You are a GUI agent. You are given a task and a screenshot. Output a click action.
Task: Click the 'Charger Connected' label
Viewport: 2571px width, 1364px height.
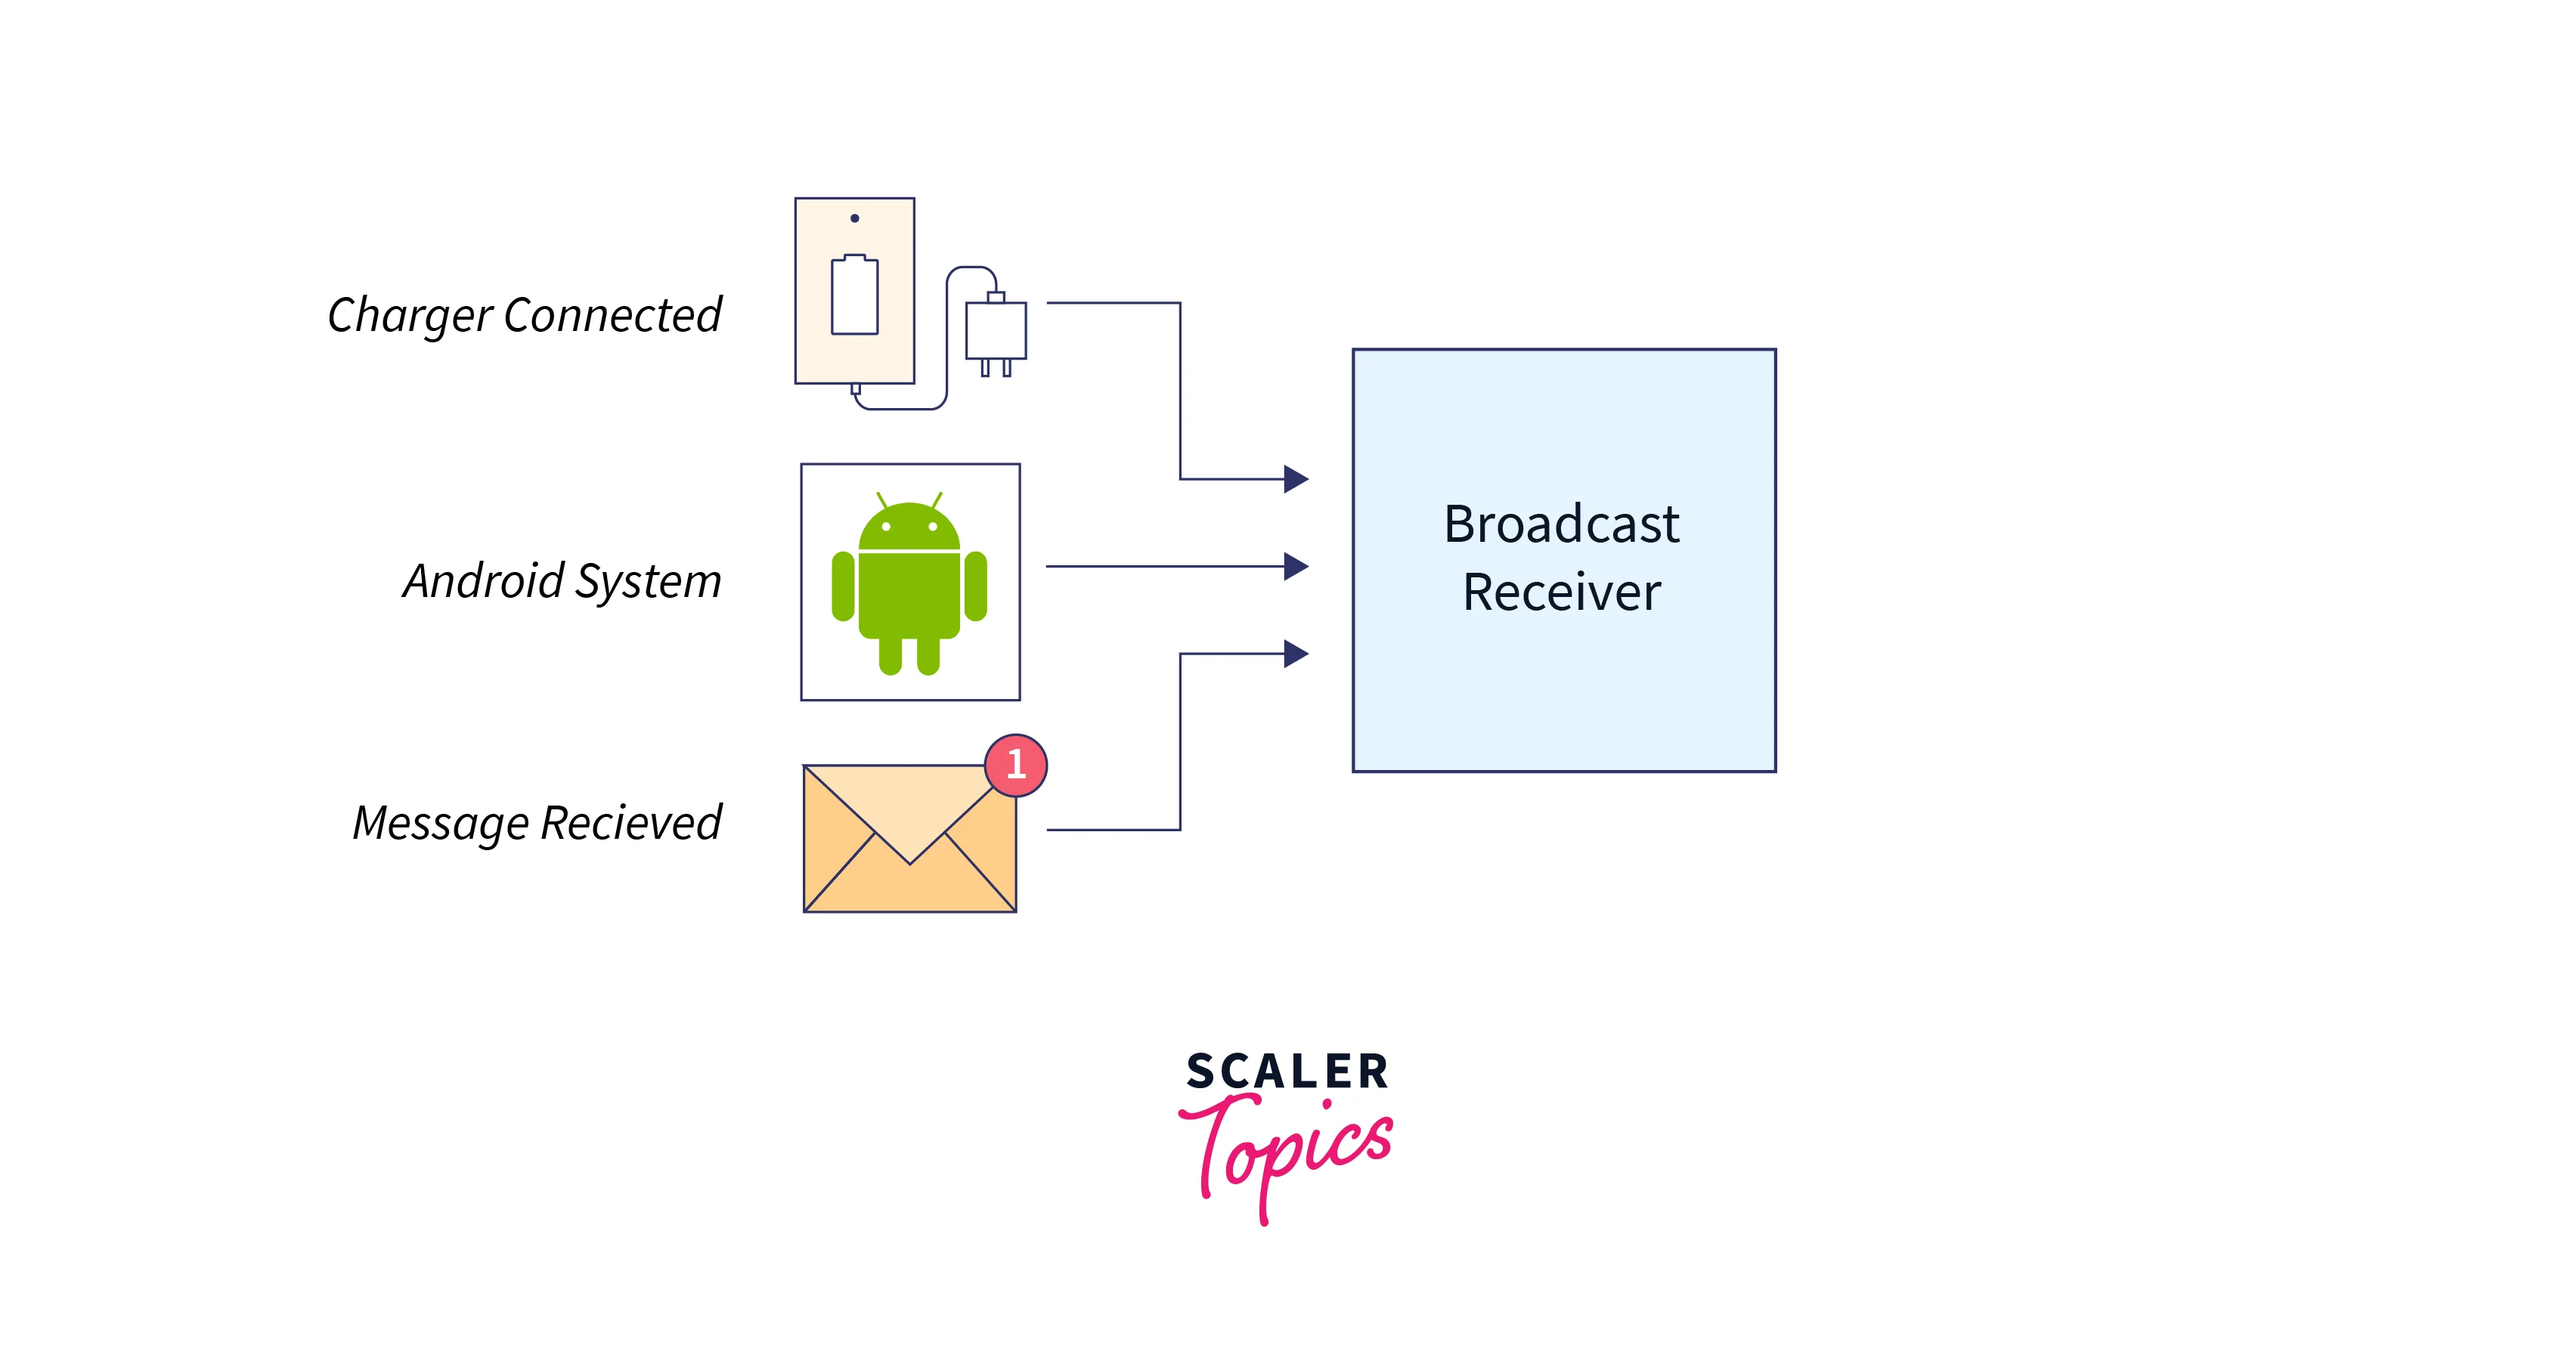pos(524,315)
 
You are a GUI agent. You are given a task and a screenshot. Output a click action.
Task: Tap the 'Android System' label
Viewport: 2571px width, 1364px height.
pos(562,580)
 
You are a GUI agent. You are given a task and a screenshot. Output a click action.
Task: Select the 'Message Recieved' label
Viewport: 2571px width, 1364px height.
pos(537,823)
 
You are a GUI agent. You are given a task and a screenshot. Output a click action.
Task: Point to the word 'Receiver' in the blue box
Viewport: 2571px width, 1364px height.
pos(1561,592)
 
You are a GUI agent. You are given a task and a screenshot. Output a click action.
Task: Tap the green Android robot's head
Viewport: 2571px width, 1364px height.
pos(909,527)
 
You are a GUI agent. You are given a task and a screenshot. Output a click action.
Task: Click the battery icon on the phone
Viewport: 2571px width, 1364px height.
pos(854,295)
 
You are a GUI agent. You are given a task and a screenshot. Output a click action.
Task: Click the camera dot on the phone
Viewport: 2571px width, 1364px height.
pos(854,218)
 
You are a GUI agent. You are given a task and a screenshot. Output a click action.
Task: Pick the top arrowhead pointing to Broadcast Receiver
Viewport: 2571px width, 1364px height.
pos(1296,479)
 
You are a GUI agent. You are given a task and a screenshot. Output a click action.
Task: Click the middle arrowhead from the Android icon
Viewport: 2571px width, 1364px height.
pos(1296,566)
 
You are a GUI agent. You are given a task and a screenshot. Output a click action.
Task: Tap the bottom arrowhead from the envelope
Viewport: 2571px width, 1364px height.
pos(1296,654)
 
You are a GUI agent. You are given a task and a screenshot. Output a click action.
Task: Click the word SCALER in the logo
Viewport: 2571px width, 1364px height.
pos(1287,1071)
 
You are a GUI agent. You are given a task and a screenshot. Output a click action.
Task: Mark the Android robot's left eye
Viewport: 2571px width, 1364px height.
pos(886,526)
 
